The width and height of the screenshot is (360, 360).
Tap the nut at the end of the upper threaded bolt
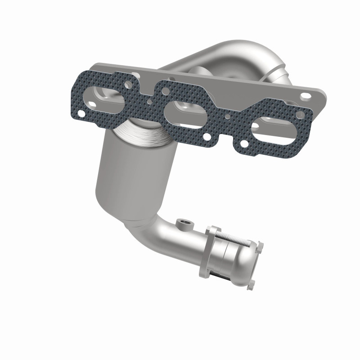(261, 246)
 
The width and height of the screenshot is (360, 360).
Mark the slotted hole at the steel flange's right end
(306, 95)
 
